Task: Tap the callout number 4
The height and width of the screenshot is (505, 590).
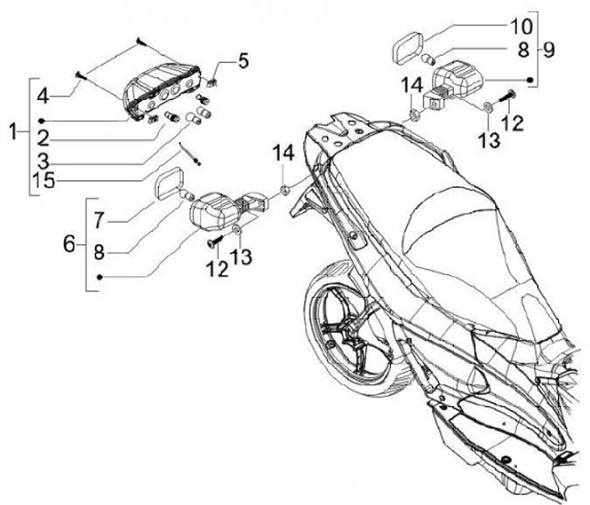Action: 43,97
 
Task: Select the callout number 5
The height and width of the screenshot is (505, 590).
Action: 243,61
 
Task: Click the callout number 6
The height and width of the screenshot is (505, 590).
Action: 70,244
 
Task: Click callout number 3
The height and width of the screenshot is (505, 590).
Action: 42,156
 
